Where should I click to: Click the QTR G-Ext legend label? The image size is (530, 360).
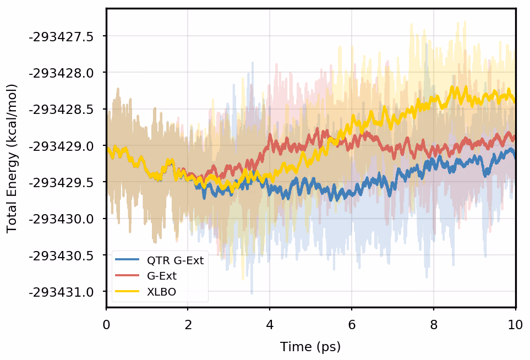click(x=176, y=260)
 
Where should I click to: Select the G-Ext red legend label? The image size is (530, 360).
click(x=162, y=276)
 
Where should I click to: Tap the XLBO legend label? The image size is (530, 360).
click(x=161, y=292)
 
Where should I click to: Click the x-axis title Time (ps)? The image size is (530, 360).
click(x=310, y=347)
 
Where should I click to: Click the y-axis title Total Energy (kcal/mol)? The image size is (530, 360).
click(x=12, y=158)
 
